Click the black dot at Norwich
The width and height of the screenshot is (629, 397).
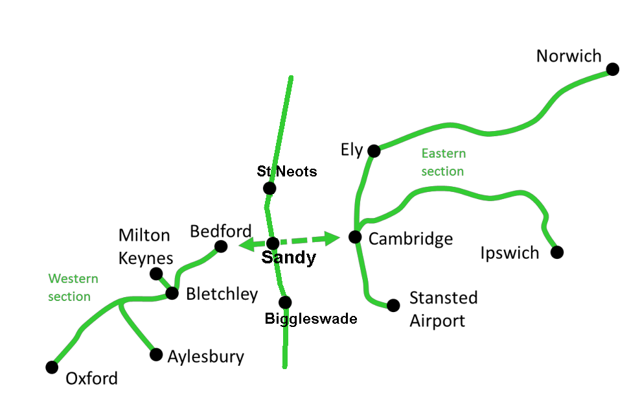tap(612, 69)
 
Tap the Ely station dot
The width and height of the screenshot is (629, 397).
tap(374, 151)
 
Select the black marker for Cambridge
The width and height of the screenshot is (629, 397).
tap(355, 237)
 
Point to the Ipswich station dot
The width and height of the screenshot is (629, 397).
tap(556, 252)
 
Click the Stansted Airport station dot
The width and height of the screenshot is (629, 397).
tap(393, 305)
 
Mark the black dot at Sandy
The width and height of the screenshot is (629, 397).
tap(273, 243)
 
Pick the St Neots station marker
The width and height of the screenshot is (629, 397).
tap(269, 188)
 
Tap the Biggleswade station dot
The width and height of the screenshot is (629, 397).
tap(285, 302)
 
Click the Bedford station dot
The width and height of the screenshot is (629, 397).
tap(221, 246)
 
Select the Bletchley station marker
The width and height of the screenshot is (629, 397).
tap(172, 293)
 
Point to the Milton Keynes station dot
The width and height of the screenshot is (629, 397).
tap(156, 274)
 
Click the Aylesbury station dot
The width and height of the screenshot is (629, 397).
tap(156, 354)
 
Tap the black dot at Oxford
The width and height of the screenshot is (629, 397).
tap(52, 367)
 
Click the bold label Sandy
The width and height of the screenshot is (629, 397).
tap(288, 258)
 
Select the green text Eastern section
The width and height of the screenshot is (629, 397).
tap(443, 162)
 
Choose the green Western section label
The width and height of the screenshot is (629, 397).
tap(73, 287)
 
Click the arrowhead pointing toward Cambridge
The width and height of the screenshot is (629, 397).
tap(332, 238)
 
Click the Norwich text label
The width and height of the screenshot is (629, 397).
tap(569, 56)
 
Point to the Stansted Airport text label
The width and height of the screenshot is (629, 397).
tap(443, 309)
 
